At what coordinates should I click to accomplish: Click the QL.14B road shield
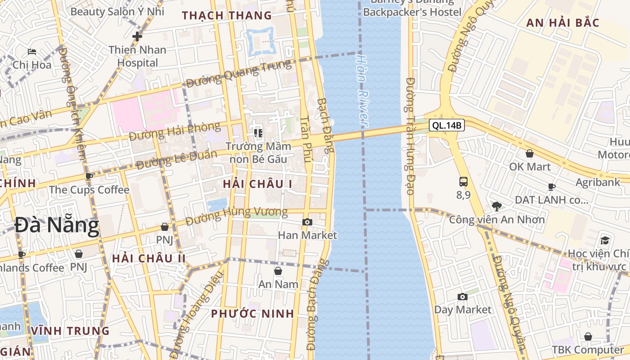coord(446,126)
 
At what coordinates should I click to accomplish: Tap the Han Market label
coord(307,235)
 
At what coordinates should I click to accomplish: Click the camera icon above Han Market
coord(307,222)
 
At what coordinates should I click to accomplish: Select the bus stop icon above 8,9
coord(463,181)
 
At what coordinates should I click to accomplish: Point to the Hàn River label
coord(363,90)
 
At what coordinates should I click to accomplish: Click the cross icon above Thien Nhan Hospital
coord(137,36)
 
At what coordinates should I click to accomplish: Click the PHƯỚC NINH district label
coord(252,314)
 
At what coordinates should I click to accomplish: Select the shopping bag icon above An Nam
coord(278,271)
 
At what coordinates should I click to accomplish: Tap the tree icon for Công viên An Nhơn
coord(497,207)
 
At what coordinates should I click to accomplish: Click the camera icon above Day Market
coord(462,297)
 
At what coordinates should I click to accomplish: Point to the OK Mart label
coord(530,166)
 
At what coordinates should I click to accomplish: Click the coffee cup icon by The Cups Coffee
coord(89,176)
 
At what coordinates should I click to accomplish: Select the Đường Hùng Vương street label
coord(237,216)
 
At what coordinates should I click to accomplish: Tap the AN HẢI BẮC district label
coord(562,22)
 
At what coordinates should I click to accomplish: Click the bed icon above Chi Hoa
coord(31,52)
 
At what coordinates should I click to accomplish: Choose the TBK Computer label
coord(588,350)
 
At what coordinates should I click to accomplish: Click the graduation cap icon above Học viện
coord(605,240)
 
